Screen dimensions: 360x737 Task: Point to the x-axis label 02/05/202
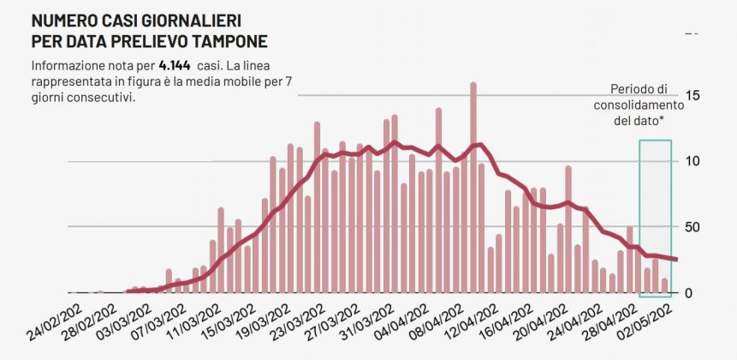pos(653,321)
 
